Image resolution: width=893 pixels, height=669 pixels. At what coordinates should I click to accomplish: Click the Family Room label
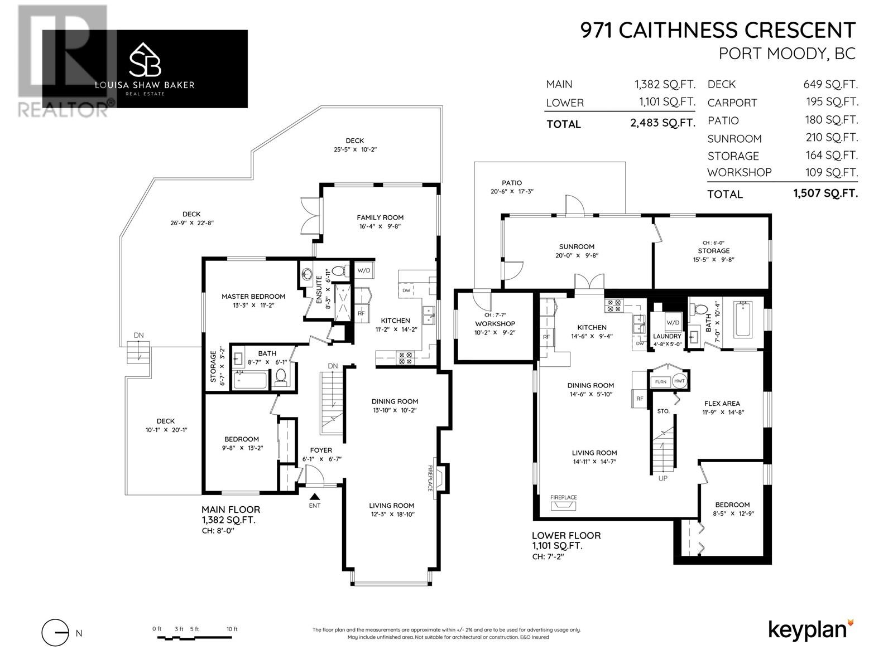point(380,217)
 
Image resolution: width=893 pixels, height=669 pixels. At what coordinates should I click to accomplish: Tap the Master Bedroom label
point(253,297)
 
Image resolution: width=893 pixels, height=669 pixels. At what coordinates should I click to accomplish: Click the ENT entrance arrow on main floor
point(315,497)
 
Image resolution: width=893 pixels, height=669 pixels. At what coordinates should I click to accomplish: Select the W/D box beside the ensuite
point(363,271)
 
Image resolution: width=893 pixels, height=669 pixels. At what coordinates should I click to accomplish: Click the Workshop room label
point(494,324)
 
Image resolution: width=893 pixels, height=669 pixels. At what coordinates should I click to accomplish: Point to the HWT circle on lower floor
point(679,381)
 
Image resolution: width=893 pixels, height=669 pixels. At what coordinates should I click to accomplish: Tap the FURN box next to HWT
point(661,382)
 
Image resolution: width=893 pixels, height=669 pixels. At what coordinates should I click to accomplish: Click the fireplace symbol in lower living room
point(563,506)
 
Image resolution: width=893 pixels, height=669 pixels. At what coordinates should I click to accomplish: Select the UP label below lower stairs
point(663,478)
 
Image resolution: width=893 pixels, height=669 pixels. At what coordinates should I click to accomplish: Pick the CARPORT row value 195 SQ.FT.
point(827,102)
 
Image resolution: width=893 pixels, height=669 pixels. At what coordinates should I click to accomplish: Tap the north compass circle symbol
point(55,633)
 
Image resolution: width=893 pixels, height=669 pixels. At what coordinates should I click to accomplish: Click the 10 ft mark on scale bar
point(232,629)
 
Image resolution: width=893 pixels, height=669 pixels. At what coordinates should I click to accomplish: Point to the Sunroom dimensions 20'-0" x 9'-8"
point(577,256)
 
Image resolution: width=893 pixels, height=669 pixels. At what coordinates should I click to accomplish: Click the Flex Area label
point(722,404)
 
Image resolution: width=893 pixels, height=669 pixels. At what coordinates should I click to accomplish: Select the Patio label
point(511,183)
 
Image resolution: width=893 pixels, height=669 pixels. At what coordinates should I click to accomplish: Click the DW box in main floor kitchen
point(406,291)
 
